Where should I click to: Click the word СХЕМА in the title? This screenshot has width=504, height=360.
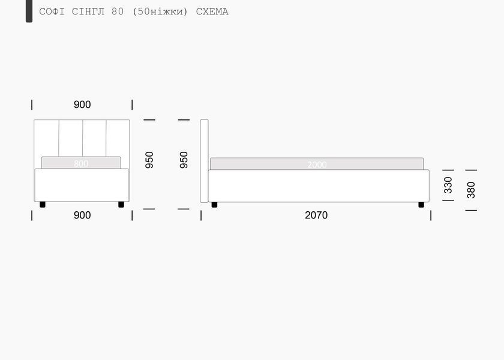(212, 11)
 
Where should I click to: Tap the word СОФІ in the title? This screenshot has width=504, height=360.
(52, 11)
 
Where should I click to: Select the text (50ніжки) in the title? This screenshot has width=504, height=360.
(160, 11)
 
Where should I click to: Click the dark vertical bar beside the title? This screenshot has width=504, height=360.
(29, 11)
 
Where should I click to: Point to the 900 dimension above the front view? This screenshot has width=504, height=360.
(82, 104)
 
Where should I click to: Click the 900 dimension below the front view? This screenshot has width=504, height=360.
(82, 215)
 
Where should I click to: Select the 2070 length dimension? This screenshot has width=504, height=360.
(316, 215)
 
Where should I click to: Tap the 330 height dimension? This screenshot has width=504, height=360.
(448, 185)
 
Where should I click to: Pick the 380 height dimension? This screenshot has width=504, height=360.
(471, 190)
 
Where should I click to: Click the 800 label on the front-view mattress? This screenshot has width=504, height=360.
(81, 164)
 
